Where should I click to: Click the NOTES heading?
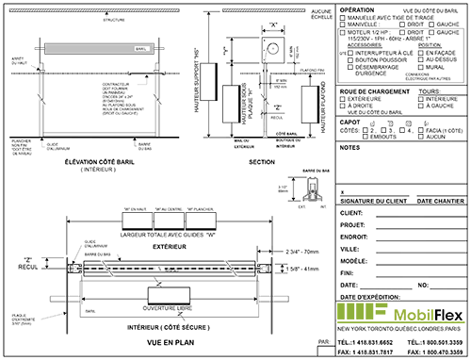348,148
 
